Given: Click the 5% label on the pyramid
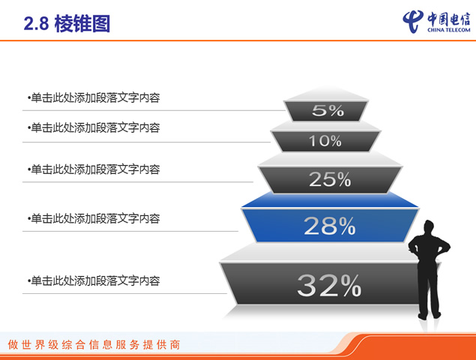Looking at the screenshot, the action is coord(328,110).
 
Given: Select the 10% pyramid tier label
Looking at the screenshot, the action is coord(325,141).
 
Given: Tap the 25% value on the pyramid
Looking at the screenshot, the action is coord(330,179).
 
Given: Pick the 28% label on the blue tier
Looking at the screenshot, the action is coord(330,226).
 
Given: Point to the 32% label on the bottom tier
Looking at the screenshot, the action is coord(329,285).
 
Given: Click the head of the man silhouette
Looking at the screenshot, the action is coord(429,227).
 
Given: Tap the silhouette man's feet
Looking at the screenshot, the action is coord(429,315).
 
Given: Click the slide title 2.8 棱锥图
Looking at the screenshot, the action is coord(67,24).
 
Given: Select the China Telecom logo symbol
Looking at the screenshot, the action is coord(413,21).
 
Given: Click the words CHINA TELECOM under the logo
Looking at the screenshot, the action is coord(449,30).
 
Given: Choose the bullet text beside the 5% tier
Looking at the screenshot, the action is coord(94,97).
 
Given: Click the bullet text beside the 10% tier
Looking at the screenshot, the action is coord(94,128).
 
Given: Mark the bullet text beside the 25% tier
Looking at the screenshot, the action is coord(94,169).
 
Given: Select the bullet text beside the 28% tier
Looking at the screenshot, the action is coord(94,218).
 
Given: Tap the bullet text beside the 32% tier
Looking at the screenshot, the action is coord(94,280).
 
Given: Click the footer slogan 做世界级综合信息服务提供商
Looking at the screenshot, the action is coord(94,345).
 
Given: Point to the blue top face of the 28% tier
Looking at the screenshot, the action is coord(330,199).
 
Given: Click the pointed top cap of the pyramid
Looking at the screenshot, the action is coord(326,93).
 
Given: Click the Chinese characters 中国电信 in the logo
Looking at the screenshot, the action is coord(449,19).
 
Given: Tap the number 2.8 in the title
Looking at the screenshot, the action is coord(36,24).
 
